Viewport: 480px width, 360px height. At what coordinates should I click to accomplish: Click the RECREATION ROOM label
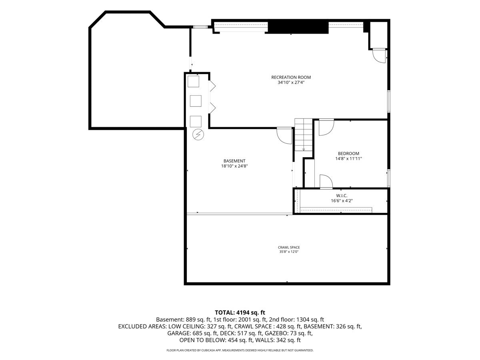tap(291, 77)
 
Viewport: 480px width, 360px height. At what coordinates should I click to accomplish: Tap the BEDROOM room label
tap(348, 154)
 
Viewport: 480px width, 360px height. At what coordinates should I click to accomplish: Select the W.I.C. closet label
tap(342, 196)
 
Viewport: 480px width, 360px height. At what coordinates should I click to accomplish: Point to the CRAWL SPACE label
tap(289, 247)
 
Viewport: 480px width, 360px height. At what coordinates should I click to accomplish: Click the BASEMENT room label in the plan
tap(234, 161)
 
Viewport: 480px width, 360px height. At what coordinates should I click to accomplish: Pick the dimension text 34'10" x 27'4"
tap(291, 82)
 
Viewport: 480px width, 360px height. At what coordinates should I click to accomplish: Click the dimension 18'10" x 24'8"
tap(234, 166)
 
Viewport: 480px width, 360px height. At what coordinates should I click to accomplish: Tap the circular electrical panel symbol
tap(198, 135)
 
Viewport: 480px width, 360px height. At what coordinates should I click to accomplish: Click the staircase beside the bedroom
tap(303, 135)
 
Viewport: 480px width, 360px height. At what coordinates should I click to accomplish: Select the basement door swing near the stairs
tap(284, 136)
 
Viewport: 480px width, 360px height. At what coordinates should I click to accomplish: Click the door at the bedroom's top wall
tap(326, 127)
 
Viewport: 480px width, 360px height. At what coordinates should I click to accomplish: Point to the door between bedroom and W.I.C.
tap(326, 181)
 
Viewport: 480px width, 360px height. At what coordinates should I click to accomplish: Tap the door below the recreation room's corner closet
tap(379, 56)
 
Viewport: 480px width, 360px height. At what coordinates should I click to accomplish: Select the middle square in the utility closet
tap(196, 101)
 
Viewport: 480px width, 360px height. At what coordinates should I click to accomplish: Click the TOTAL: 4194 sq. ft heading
tap(240, 312)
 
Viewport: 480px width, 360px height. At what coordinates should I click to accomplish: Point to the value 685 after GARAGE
tap(197, 333)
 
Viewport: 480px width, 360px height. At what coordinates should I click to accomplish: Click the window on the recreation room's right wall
tap(388, 101)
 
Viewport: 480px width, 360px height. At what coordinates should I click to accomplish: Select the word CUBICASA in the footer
tap(210, 350)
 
